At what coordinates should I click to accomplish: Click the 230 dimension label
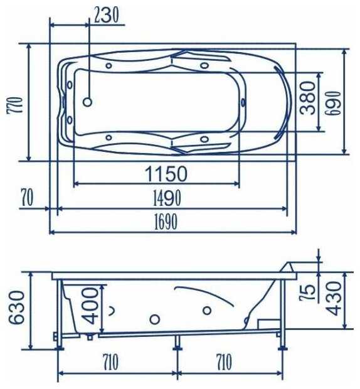pos(106,16)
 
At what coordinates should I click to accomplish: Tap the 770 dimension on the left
pos(15,105)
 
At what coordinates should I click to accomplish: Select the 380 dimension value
pos(307,98)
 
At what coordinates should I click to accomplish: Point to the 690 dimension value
pos(333,103)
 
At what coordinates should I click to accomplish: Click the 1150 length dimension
pos(166,174)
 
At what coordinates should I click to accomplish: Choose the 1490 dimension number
pos(167,198)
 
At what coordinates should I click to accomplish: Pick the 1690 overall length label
pos(166,221)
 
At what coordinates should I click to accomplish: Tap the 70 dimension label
pos(27,198)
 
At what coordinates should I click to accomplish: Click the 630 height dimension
pos(17,307)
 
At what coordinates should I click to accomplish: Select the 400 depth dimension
pos(90,306)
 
